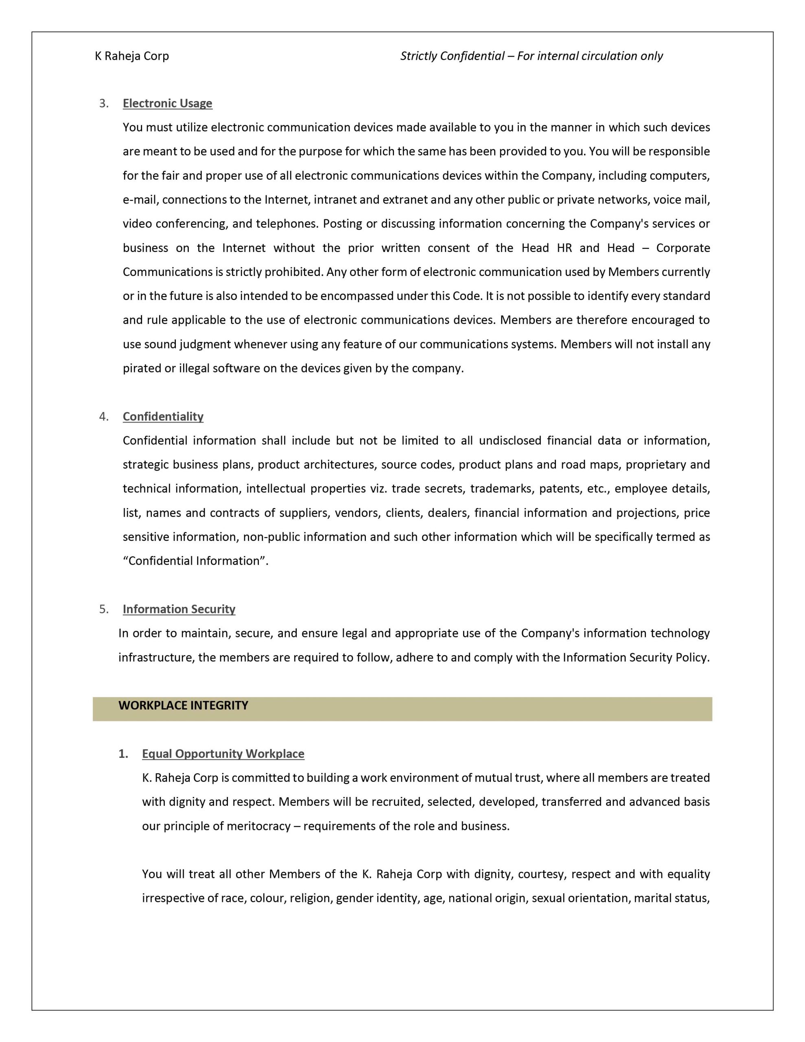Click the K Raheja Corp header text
(x=132, y=56)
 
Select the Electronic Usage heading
(x=168, y=103)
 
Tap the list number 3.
(x=103, y=103)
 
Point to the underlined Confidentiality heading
(x=163, y=416)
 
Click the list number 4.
(x=103, y=416)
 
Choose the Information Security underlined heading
(x=179, y=609)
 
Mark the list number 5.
(x=103, y=609)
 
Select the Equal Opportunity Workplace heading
(x=223, y=754)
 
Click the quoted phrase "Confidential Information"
(x=196, y=561)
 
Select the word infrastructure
(x=156, y=657)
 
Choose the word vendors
(x=355, y=513)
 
